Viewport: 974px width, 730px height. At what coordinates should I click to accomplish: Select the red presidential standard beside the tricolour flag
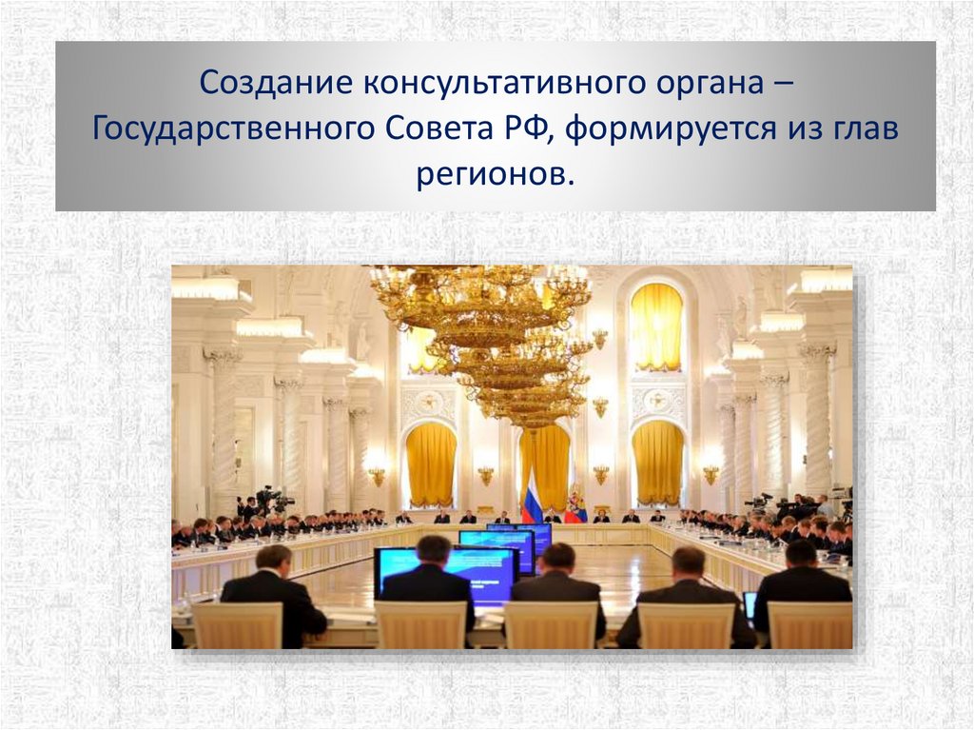point(575,506)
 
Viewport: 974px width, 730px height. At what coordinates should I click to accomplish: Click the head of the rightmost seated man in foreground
point(801,554)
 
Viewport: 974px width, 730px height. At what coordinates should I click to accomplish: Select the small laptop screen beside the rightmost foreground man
point(750,605)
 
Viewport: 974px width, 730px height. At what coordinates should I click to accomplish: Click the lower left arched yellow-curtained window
point(431,464)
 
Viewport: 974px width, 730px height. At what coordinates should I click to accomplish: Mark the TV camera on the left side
point(269,497)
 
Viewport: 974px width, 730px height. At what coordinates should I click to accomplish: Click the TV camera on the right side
point(761,500)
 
